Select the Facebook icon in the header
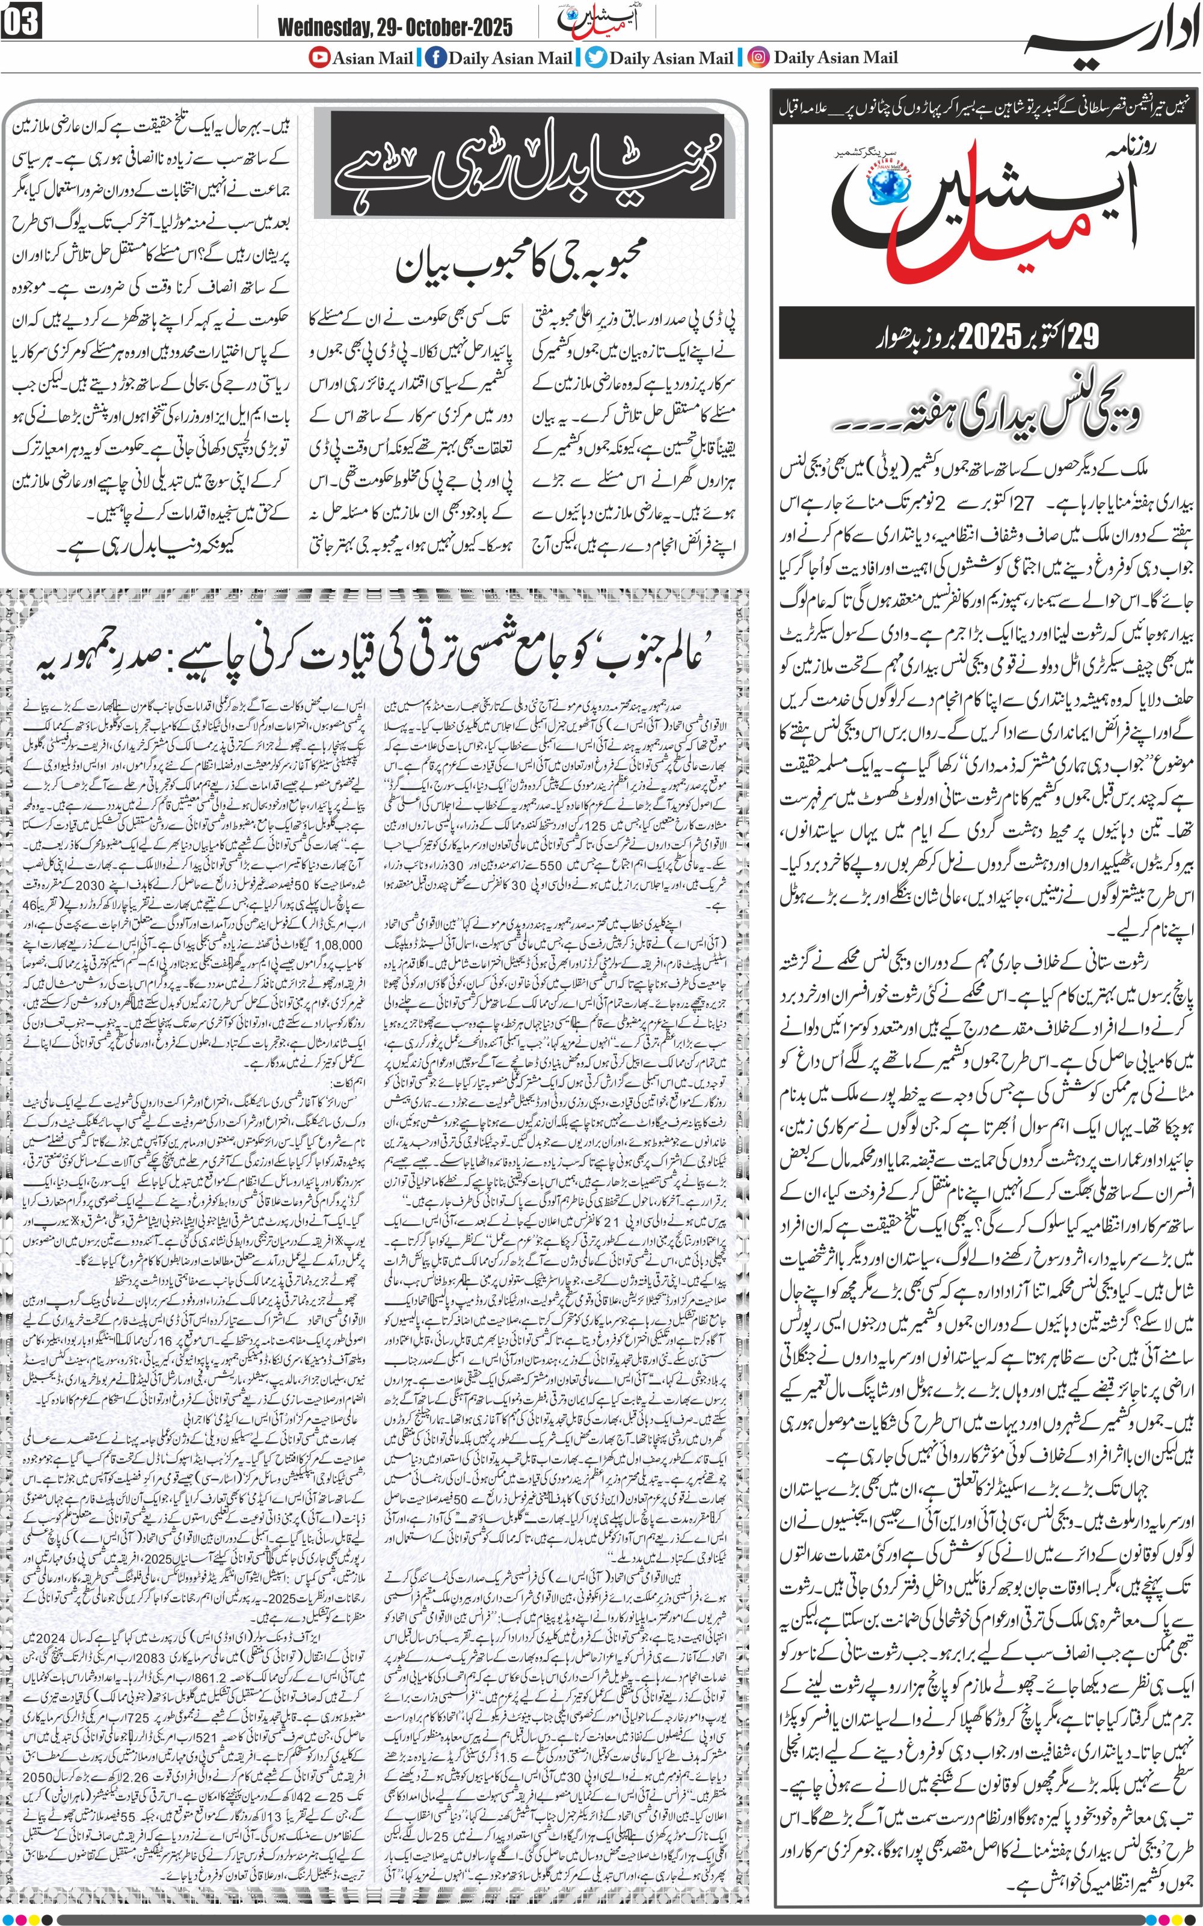(435, 57)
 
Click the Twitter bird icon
(595, 57)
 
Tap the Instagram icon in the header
(760, 57)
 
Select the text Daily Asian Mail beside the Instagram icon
(835, 57)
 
